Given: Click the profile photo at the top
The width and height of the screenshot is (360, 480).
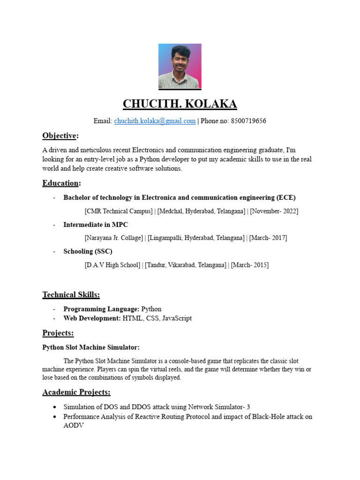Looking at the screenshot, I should (x=180, y=66).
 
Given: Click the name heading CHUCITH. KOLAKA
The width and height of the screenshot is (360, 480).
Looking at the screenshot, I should (x=180, y=104).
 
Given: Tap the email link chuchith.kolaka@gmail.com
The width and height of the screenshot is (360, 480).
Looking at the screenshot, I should (x=155, y=121).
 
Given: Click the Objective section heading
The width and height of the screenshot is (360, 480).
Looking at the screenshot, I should (x=60, y=136).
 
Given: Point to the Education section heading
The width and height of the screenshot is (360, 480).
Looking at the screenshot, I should (x=60, y=183).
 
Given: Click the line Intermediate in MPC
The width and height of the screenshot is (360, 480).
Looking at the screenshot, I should (x=96, y=225).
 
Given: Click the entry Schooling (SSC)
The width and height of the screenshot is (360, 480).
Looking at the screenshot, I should (x=88, y=251).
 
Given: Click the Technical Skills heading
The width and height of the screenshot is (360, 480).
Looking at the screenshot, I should (x=71, y=295).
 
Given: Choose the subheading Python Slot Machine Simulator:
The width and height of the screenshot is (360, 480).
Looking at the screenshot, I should (x=91, y=347).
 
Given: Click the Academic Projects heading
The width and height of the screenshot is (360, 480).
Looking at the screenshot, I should (x=76, y=392).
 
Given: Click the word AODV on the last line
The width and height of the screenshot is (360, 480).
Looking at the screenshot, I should (x=73, y=425).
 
